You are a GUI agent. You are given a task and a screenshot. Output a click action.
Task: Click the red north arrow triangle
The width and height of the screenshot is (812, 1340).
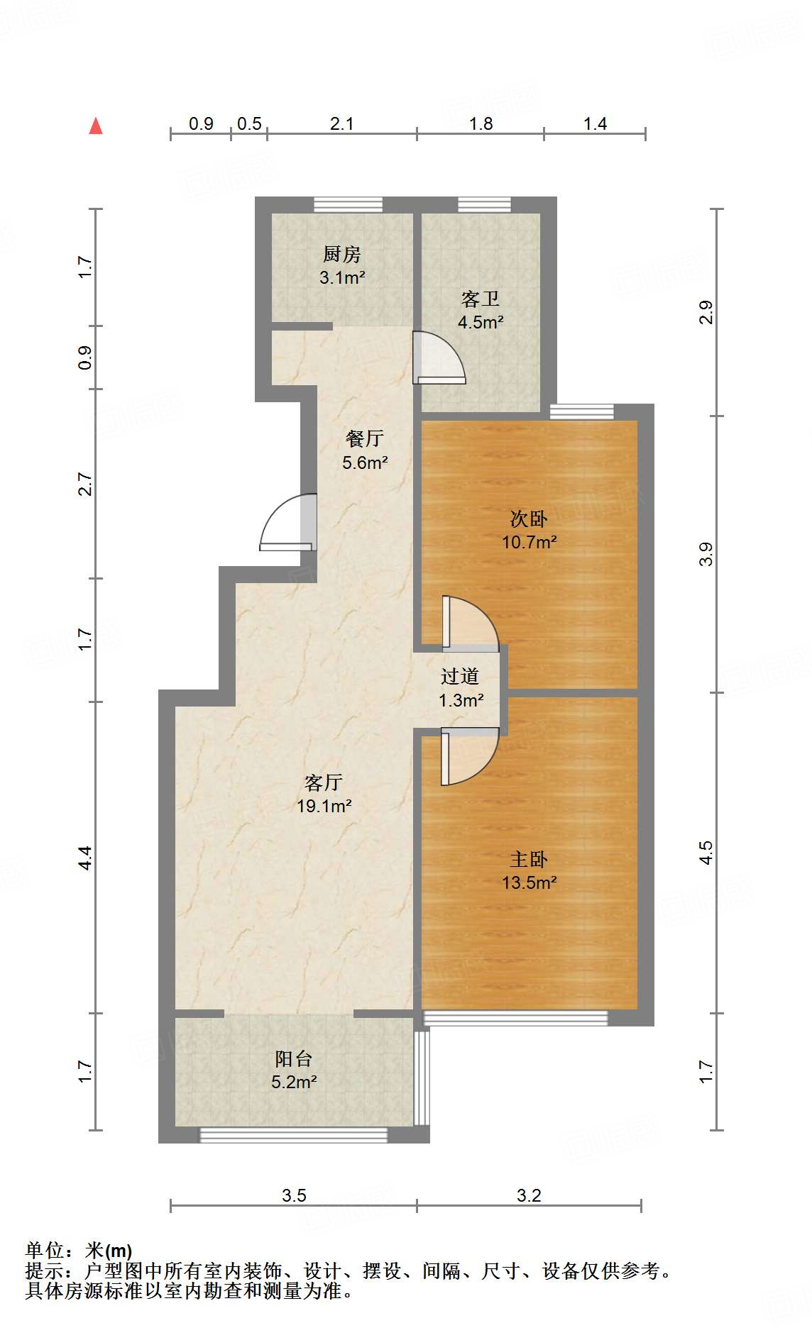pos(96,126)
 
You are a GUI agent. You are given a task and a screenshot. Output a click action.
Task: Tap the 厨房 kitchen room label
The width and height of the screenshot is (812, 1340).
pos(342,254)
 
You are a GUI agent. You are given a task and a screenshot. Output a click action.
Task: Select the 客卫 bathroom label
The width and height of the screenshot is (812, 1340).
pos(481,299)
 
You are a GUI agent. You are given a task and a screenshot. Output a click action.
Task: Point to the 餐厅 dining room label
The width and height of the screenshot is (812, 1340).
pos(365,438)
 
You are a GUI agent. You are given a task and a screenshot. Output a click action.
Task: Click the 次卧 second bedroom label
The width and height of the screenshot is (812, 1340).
pos(529,519)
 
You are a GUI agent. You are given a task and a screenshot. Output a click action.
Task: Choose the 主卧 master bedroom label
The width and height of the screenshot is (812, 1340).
pos(529,859)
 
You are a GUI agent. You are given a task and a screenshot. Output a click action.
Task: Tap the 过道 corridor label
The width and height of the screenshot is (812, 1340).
pos(460,676)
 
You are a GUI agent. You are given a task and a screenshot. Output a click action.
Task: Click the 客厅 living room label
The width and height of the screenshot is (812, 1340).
pos(324,782)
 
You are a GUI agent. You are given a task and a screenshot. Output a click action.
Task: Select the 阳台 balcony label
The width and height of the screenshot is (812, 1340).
pos(294,1058)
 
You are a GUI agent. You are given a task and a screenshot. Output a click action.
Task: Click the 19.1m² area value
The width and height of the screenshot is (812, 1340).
pos(324,806)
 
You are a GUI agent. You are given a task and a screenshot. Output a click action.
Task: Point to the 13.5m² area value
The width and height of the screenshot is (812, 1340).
pos(530,882)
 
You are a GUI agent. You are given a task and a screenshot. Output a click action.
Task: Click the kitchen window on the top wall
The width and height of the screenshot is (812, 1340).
pos(349,205)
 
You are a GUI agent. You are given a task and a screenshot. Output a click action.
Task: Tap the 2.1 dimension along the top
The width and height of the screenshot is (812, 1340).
pos(342,124)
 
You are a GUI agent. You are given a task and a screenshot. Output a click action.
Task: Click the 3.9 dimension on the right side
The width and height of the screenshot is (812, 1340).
pos(706,554)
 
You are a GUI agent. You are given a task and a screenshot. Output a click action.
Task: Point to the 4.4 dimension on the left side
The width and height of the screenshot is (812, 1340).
pos(84,858)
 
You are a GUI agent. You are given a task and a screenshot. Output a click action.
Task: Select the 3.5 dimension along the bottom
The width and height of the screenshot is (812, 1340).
pos(294,1195)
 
